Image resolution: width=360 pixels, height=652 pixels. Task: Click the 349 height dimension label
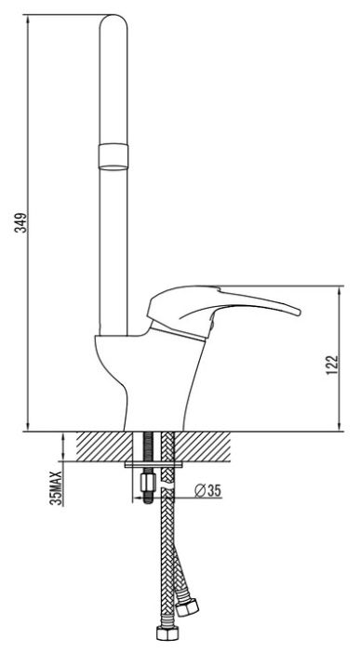click(21, 222)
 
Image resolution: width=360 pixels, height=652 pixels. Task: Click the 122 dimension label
click(332, 366)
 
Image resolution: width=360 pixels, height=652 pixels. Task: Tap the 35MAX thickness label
click(56, 487)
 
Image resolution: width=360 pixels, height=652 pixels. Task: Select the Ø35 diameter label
click(207, 491)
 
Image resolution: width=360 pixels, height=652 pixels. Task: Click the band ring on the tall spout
click(113, 157)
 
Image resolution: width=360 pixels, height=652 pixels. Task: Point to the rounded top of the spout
click(113, 19)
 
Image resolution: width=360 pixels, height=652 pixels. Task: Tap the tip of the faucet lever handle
click(299, 312)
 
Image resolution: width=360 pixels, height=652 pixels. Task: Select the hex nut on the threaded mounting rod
click(149, 483)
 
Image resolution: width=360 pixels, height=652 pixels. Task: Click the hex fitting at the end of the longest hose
click(167, 633)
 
